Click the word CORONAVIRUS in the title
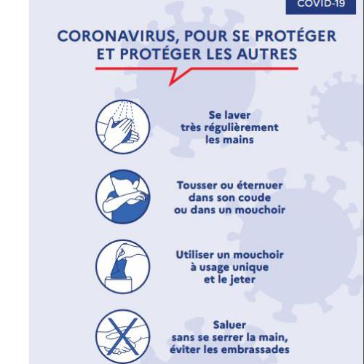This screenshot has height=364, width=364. point(116,36)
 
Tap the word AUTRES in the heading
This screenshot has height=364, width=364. point(267,54)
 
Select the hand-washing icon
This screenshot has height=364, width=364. point(123,127)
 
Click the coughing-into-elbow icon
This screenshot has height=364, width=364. point(123,197)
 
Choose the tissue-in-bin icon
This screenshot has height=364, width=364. point(123,266)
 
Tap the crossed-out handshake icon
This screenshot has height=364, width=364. point(123,336)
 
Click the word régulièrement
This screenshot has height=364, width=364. point(245,127)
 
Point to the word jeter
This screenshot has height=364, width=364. point(242,280)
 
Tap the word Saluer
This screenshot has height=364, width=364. point(229,325)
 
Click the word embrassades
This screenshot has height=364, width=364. point(256,349)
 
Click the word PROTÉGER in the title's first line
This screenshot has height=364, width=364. point(296,36)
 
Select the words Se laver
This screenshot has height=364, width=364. point(229,115)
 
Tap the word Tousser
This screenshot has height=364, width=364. point(197,186)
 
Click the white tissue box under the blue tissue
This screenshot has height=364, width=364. point(119,284)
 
